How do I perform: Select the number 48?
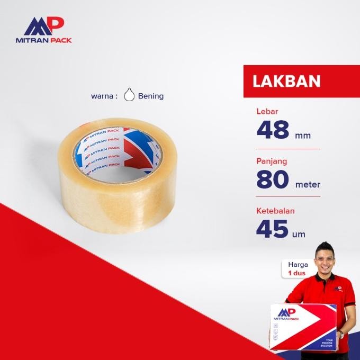[x=274, y=130]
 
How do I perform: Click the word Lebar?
[x=267, y=111]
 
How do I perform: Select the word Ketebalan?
[x=275, y=210]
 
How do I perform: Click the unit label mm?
[x=303, y=136]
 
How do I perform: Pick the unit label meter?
[x=308, y=185]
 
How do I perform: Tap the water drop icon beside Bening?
[x=129, y=95]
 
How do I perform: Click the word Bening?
[x=151, y=96]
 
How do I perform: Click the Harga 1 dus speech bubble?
[x=298, y=268]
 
